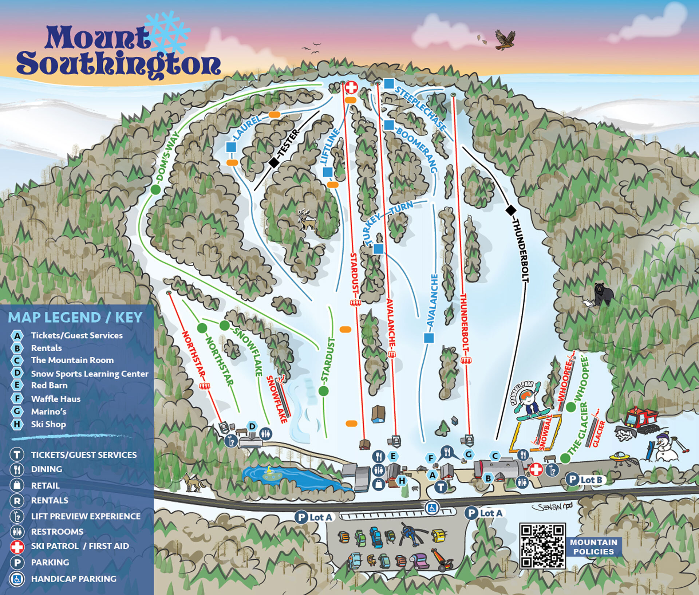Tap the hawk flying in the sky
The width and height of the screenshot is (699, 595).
click(x=505, y=39)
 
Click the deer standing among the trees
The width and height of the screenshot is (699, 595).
click(x=307, y=219)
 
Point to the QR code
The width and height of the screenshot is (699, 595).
click(x=542, y=545)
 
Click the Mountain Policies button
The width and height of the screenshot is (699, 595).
click(x=593, y=547)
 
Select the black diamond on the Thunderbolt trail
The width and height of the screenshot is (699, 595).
click(x=511, y=210)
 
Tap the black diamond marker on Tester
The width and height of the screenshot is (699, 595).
click(x=274, y=162)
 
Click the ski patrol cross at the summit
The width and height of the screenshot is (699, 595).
click(x=351, y=87)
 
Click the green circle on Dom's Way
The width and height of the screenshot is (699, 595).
click(x=155, y=189)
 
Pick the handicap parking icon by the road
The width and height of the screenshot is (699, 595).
click(x=433, y=508)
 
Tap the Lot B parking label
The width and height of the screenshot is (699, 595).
click(x=586, y=480)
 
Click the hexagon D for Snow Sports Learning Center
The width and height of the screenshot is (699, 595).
click(x=252, y=426)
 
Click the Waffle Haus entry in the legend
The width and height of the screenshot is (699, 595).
click(x=55, y=399)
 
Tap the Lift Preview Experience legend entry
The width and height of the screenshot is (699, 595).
click(x=86, y=516)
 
